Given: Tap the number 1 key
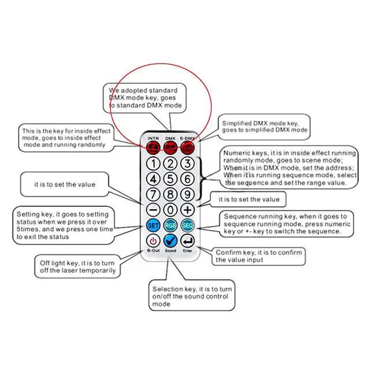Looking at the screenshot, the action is point(153,164).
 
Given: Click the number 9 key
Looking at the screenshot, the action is point(187,194).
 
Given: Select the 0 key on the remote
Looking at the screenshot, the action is point(171,210).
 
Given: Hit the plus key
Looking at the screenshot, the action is point(187,210).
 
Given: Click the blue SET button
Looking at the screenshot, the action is point(153,225).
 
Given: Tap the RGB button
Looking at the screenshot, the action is point(171,225).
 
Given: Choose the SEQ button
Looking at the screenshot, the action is point(187,225).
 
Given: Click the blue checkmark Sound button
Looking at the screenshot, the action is point(171,240).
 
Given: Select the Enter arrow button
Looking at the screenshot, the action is point(187,240).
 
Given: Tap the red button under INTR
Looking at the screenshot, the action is point(153,147).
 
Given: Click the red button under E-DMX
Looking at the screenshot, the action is point(187,147).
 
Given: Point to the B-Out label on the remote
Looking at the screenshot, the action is point(153,250).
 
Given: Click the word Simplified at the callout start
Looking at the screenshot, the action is point(236,123).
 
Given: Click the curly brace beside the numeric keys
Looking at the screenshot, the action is point(201,178).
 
